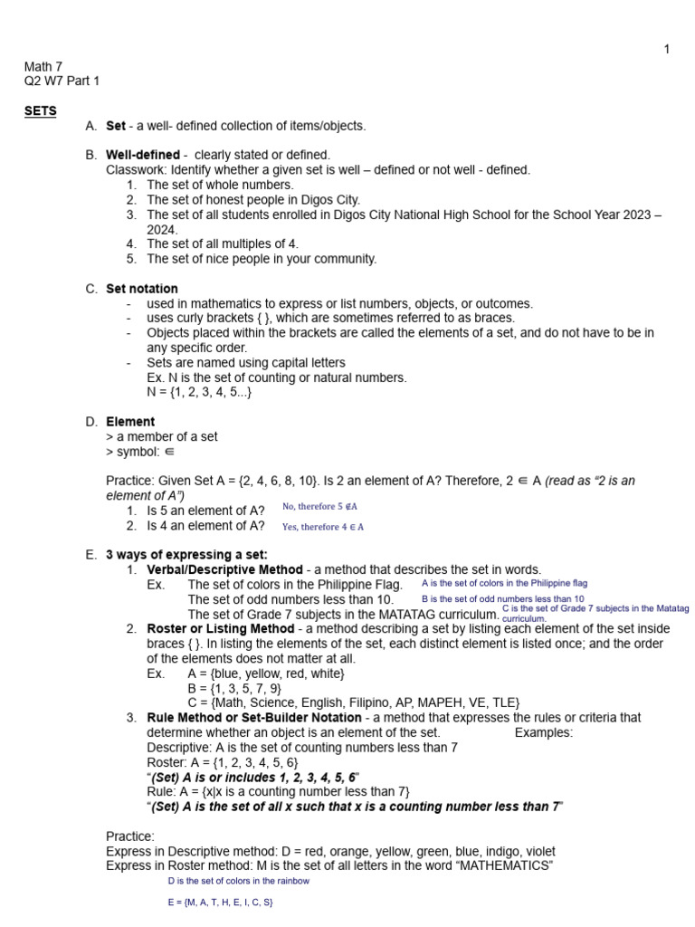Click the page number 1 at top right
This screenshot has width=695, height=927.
coord(667,49)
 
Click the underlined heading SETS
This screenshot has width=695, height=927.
coord(40,110)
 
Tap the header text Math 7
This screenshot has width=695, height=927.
coord(43,66)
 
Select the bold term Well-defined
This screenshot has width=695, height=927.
coord(143,155)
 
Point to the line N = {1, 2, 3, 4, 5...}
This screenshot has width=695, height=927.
coord(199,392)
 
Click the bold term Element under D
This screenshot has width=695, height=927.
coord(130,422)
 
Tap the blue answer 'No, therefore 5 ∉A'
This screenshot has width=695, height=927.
coord(319,507)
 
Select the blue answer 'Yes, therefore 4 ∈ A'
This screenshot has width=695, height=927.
coord(322,526)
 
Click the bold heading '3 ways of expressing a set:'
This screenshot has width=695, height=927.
coord(187,555)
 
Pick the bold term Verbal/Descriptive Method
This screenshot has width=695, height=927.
coord(224,569)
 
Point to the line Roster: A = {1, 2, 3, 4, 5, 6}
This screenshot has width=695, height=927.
coord(222,762)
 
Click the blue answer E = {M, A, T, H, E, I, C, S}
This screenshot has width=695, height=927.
coord(220,903)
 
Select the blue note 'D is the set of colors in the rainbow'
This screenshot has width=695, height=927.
coord(238,880)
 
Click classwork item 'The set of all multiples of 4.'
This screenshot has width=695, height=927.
coord(223,244)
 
